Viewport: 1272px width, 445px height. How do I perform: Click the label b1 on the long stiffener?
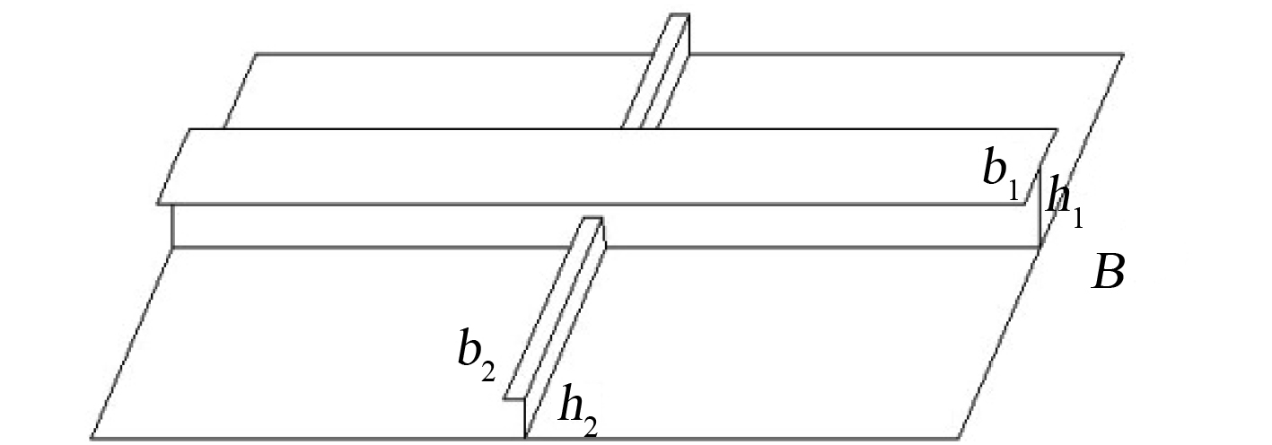click(x=1003, y=171)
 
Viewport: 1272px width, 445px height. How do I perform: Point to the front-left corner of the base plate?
click(x=92, y=438)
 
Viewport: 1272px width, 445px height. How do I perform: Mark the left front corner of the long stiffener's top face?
click(x=158, y=204)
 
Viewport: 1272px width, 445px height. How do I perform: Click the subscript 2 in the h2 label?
click(x=590, y=423)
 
